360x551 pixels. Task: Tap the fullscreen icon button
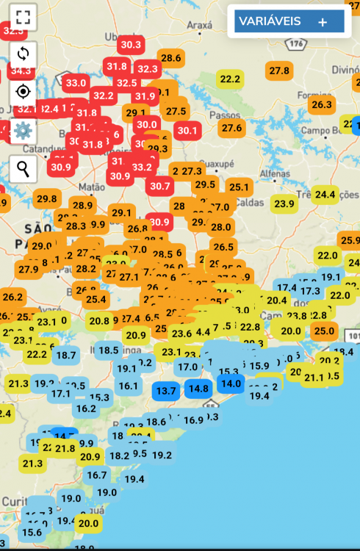pyautogui.click(x=23, y=17)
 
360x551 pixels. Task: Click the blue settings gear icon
pyautogui.click(x=23, y=131)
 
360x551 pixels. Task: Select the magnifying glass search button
pyautogui.click(x=23, y=169)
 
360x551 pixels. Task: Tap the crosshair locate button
pyautogui.click(x=23, y=92)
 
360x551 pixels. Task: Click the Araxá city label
pyautogui.click(x=199, y=26)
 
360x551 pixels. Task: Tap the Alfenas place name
pyautogui.click(x=275, y=173)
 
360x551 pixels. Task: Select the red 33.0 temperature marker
pyautogui.click(x=76, y=83)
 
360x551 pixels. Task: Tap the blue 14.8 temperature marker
pyautogui.click(x=198, y=388)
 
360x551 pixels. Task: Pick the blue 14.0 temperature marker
pyautogui.click(x=231, y=383)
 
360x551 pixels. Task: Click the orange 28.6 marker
pyautogui.click(x=170, y=58)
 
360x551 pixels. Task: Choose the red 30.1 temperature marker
pyautogui.click(x=187, y=131)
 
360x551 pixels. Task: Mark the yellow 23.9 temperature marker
pyautogui.click(x=284, y=204)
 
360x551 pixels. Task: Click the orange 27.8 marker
pyautogui.click(x=279, y=71)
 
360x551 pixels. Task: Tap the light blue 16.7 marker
pyautogui.click(x=96, y=475)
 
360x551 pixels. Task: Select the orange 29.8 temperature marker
pyautogui.click(x=46, y=198)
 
